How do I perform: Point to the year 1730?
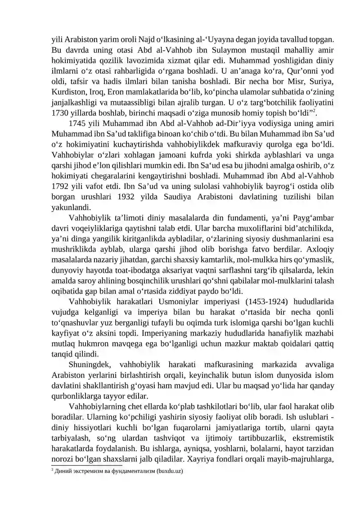pos(60,112)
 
